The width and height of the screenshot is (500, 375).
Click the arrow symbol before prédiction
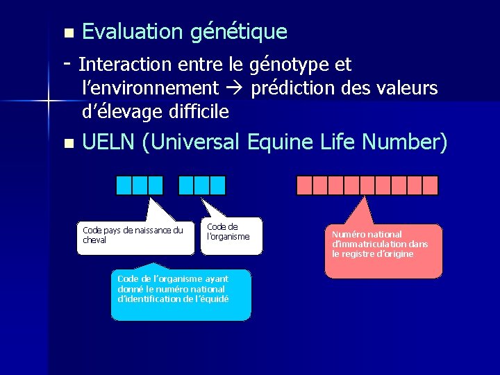(x=234, y=89)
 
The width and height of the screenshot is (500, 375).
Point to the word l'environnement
(x=150, y=88)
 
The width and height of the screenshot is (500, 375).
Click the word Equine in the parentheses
(x=278, y=142)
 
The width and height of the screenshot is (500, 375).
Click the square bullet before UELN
(x=67, y=144)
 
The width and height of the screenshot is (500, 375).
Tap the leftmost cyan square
(x=124, y=185)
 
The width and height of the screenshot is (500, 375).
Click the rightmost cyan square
(x=218, y=185)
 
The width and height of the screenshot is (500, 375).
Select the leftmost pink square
(x=304, y=185)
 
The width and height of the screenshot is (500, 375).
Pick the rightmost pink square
(x=431, y=185)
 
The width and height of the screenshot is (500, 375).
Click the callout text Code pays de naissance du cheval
(x=133, y=235)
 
